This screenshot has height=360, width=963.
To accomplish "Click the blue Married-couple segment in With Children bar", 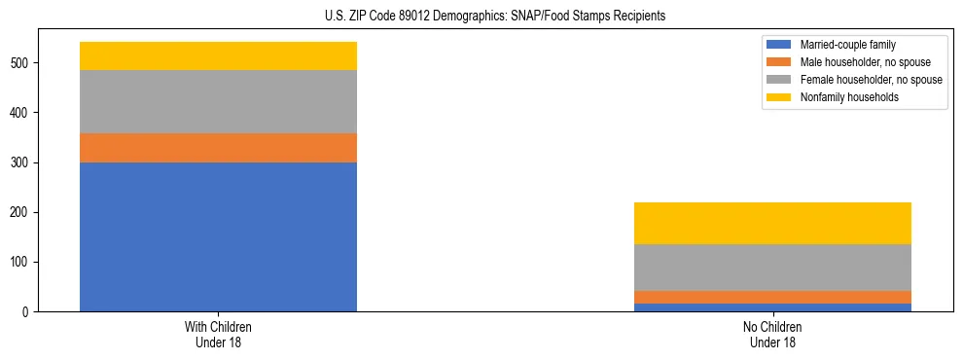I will [x=218, y=236].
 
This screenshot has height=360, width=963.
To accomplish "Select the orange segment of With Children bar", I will [x=218, y=148].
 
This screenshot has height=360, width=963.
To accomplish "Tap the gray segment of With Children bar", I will [x=218, y=101].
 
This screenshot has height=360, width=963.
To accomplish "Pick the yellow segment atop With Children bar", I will [x=218, y=56].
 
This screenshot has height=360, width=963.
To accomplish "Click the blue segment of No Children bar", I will [x=772, y=307].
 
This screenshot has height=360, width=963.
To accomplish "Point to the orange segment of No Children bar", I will [x=772, y=297].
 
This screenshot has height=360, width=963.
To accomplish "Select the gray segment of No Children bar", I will [x=772, y=268].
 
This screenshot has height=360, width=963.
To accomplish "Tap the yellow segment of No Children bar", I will [x=772, y=223].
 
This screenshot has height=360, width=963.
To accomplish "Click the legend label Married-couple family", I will [x=848, y=45].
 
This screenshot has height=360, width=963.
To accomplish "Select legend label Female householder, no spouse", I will [x=871, y=80].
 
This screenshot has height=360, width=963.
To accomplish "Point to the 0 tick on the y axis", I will [x=28, y=312].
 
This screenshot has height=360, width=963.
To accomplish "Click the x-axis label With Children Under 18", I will [x=218, y=335].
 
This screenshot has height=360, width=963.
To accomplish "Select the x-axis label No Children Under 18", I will [x=772, y=335].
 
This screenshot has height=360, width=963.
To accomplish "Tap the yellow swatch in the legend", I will [x=780, y=97].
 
